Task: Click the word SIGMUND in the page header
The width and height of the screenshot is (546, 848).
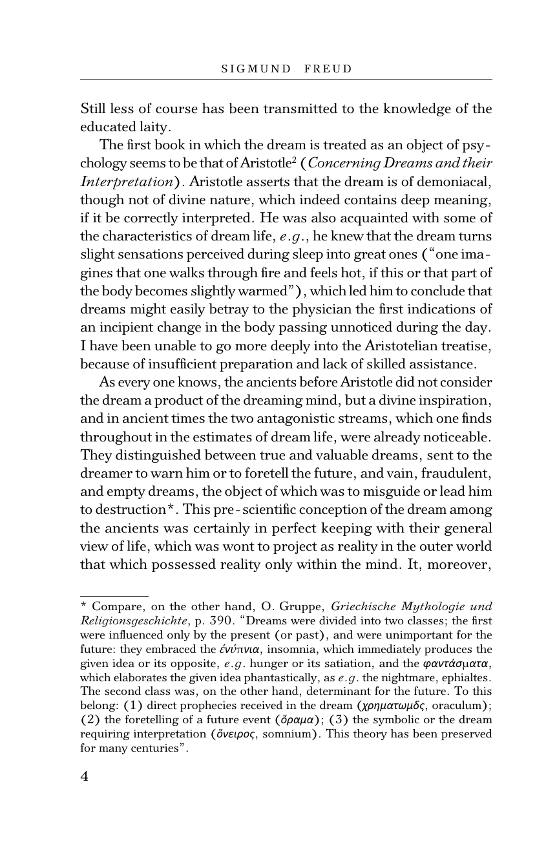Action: point(256,69)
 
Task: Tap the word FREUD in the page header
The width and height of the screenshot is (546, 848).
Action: point(328,69)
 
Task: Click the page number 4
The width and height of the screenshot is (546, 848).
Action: point(84,776)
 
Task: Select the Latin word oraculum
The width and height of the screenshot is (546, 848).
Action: point(458,706)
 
